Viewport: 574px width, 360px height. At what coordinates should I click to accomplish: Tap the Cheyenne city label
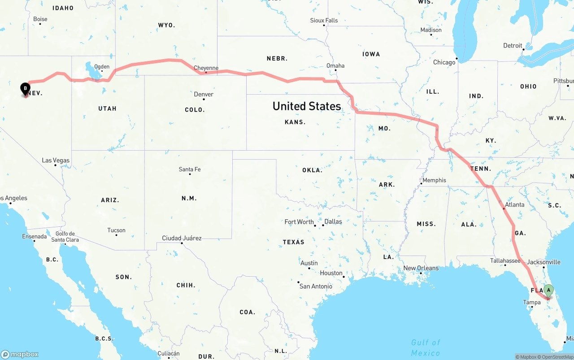point(206,68)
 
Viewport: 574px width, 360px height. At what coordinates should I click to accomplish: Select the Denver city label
point(204,94)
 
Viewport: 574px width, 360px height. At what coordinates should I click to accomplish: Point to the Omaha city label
point(335,65)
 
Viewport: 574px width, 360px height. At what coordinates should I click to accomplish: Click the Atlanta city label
point(514,204)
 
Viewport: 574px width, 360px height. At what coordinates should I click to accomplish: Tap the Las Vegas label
point(56,160)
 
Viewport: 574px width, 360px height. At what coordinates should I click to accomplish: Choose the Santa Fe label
point(190,169)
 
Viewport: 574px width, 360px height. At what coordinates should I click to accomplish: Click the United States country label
point(307,106)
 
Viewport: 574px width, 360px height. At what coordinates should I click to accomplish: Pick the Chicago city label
point(444,62)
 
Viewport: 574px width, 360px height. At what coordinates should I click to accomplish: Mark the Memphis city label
point(434,180)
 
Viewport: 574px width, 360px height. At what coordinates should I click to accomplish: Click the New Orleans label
point(421,268)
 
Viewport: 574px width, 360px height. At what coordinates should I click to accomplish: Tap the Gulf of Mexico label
point(426,347)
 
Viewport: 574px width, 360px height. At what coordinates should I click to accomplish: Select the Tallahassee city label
point(505,260)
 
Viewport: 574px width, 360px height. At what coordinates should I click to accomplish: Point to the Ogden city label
point(102,67)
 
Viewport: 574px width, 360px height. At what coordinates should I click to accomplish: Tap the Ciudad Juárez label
point(182,238)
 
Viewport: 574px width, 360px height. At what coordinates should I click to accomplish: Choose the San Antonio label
point(316,286)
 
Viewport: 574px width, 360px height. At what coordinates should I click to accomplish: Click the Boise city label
point(40,19)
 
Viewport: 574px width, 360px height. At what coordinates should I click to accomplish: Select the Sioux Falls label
point(324,20)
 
